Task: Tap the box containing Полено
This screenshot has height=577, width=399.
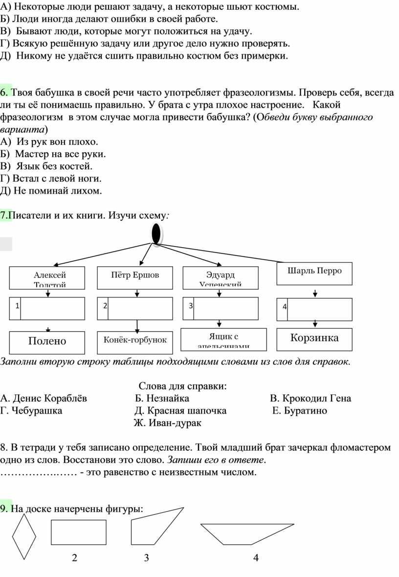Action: [47, 341]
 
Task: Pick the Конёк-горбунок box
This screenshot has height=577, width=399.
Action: [134, 340]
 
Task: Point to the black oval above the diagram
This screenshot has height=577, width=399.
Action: [156, 233]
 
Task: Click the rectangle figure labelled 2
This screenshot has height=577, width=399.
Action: [78, 532]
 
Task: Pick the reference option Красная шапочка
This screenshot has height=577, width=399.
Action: [180, 411]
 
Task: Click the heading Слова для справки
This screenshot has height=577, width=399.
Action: [183, 386]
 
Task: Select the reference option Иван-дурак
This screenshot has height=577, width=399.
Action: [168, 423]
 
